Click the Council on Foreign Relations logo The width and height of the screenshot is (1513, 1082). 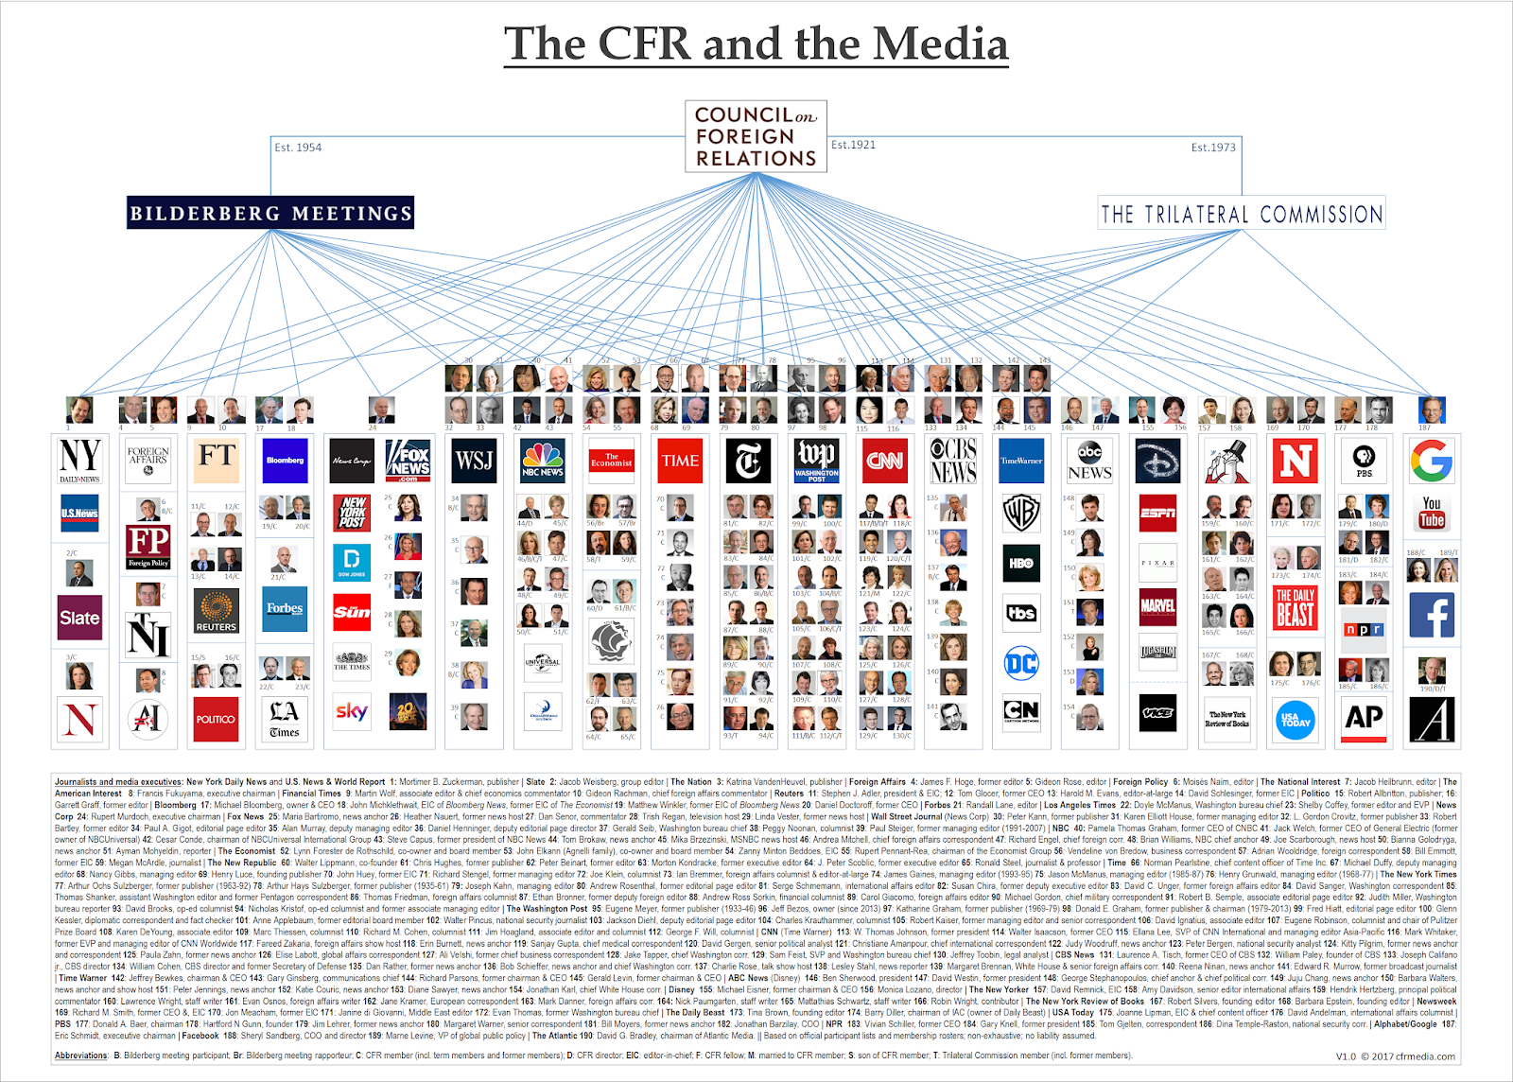(x=756, y=137)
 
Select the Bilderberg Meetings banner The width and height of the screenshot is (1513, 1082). (x=271, y=213)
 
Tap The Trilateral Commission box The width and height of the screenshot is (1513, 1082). (x=1241, y=214)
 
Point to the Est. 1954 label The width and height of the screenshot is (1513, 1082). (x=298, y=148)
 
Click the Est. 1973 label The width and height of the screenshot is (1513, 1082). (x=1213, y=148)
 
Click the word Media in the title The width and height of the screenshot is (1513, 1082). (x=940, y=44)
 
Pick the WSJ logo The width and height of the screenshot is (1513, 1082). (x=475, y=461)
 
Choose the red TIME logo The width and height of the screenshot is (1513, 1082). (x=680, y=461)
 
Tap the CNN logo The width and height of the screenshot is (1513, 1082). (x=885, y=461)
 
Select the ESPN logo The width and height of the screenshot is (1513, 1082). (x=1157, y=513)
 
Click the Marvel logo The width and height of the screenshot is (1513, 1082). (x=1157, y=605)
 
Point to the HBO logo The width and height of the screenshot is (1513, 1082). (x=1021, y=563)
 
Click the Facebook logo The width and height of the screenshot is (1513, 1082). (x=1432, y=615)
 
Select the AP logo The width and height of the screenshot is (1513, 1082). (x=1364, y=718)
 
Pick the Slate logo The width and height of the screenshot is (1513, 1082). (x=79, y=618)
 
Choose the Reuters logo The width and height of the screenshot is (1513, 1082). (x=217, y=612)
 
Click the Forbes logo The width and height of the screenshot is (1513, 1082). (x=285, y=608)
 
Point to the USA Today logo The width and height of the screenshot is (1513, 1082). (x=1296, y=720)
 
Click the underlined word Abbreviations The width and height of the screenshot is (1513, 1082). (x=80, y=1056)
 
